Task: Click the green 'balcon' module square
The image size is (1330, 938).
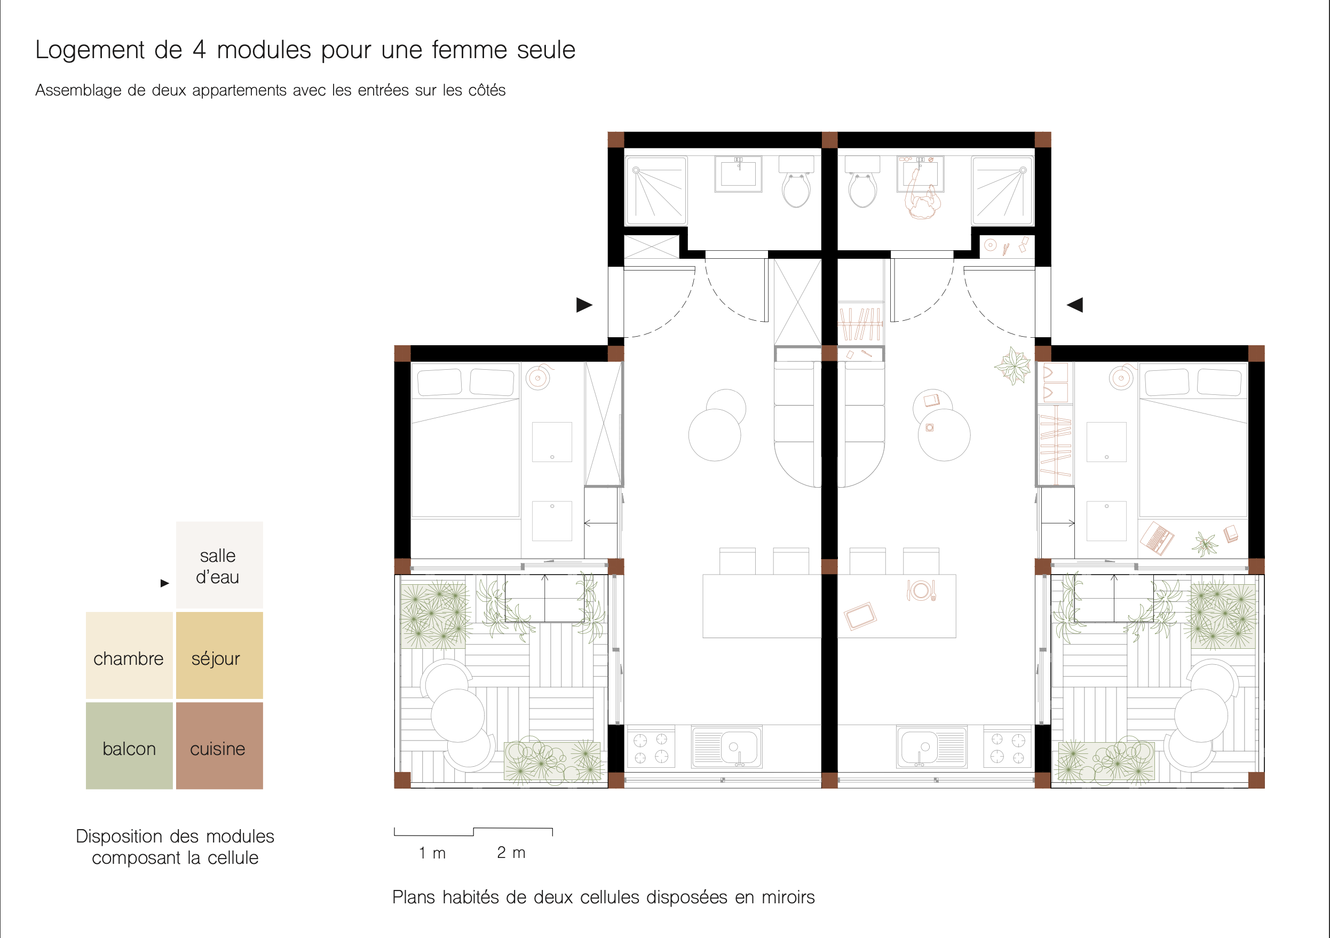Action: point(129,746)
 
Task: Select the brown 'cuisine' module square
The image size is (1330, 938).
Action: point(219,746)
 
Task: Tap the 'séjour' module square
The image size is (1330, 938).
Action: point(219,655)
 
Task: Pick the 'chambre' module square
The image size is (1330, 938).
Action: point(129,655)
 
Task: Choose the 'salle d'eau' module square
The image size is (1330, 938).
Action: point(219,565)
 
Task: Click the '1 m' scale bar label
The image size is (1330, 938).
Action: point(432,853)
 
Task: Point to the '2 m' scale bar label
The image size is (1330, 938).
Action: point(511,852)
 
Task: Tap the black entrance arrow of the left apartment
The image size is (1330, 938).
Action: point(584,305)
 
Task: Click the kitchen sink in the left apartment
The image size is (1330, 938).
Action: point(727,747)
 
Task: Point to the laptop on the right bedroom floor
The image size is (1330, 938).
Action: point(1156,538)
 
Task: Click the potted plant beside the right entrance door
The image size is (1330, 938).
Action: point(1012,365)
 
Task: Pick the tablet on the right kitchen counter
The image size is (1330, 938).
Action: point(860,616)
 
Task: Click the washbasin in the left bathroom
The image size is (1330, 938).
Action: point(738,174)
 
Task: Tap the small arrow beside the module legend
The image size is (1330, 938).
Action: point(164,583)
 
